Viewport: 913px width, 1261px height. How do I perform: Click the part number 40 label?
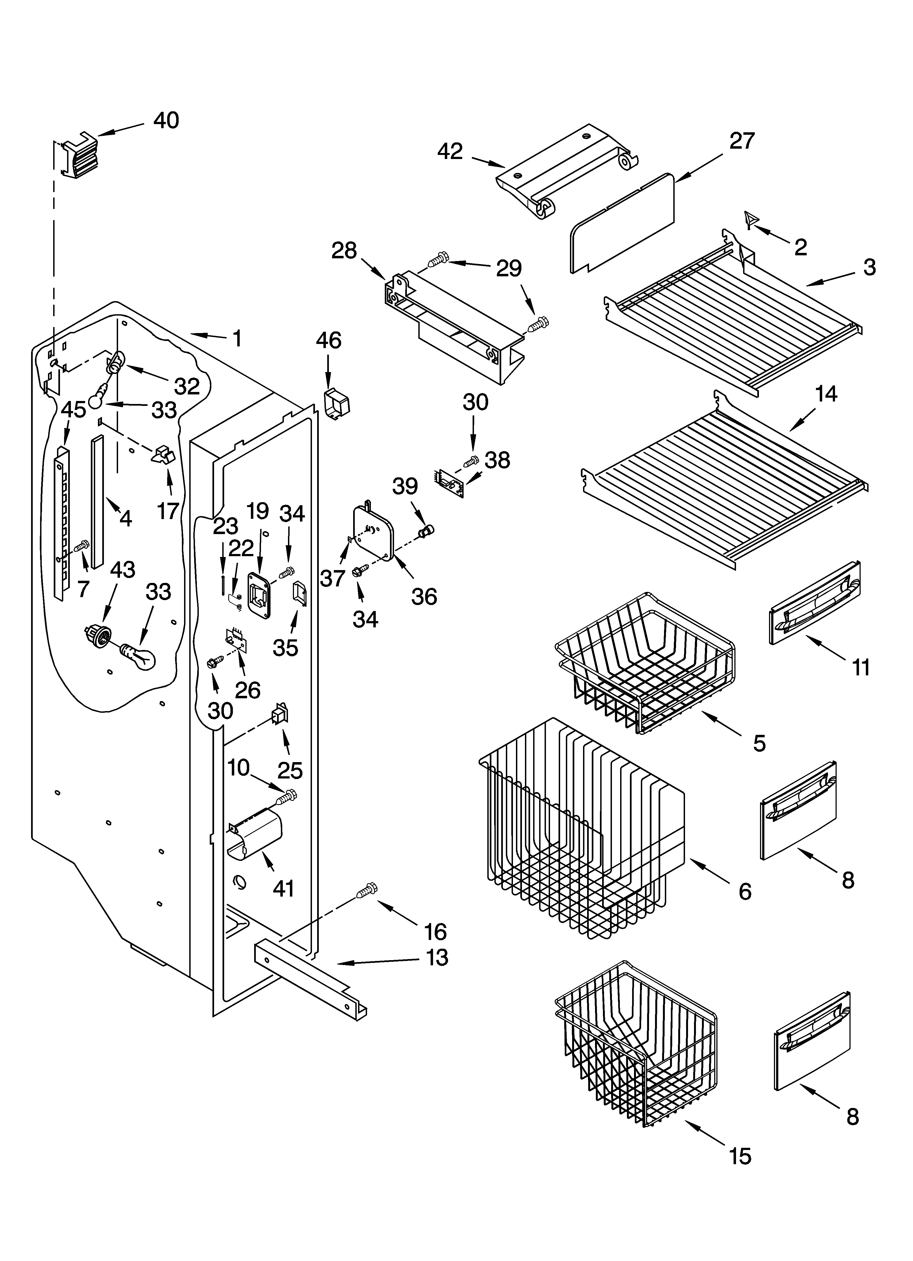coord(166,120)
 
